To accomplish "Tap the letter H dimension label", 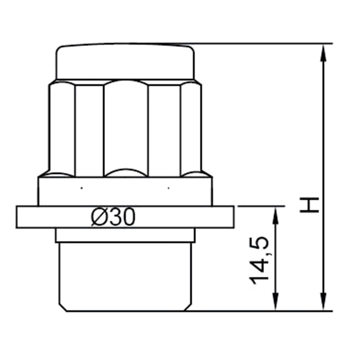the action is [309, 205].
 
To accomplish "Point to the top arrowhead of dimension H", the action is [323, 53].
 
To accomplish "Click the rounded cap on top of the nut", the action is [126, 61].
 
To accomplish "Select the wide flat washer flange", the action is [126, 217].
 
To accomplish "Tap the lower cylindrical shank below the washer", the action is [126, 277].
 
